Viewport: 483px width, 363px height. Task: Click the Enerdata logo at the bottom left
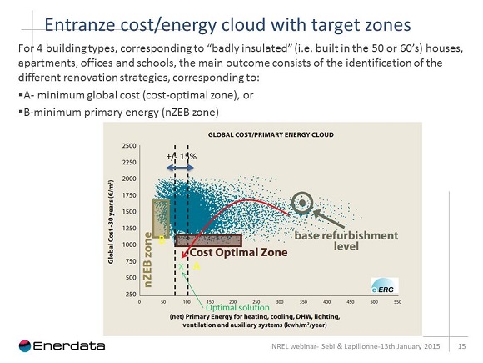57,345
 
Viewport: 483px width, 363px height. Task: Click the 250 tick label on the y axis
131,294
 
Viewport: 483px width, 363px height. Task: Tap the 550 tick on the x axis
397,301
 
